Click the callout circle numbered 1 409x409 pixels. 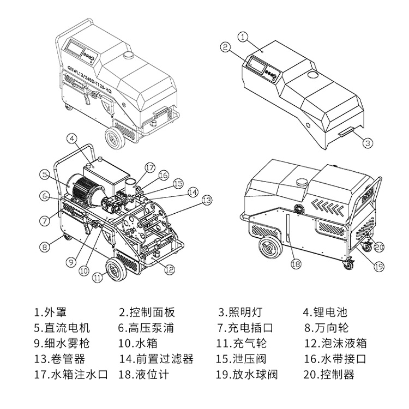[244, 36]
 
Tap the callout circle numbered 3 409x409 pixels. [368, 143]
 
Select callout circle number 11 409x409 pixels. [97, 277]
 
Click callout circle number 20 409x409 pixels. [379, 247]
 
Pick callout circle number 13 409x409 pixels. [206, 200]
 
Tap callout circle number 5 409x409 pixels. [45, 175]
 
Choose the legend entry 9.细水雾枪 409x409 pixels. [61, 344]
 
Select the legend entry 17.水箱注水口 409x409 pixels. [71, 375]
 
